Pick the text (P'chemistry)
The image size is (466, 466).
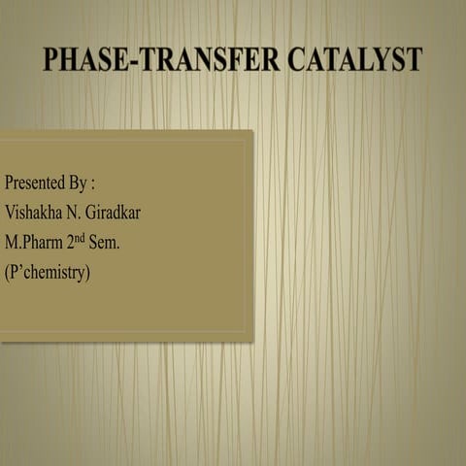point(48,273)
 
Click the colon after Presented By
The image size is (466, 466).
point(92,183)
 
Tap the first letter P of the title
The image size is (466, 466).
point(50,59)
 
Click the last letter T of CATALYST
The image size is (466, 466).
point(415,59)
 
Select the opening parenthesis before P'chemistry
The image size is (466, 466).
point(8,273)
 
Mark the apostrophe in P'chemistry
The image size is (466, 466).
point(22,267)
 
